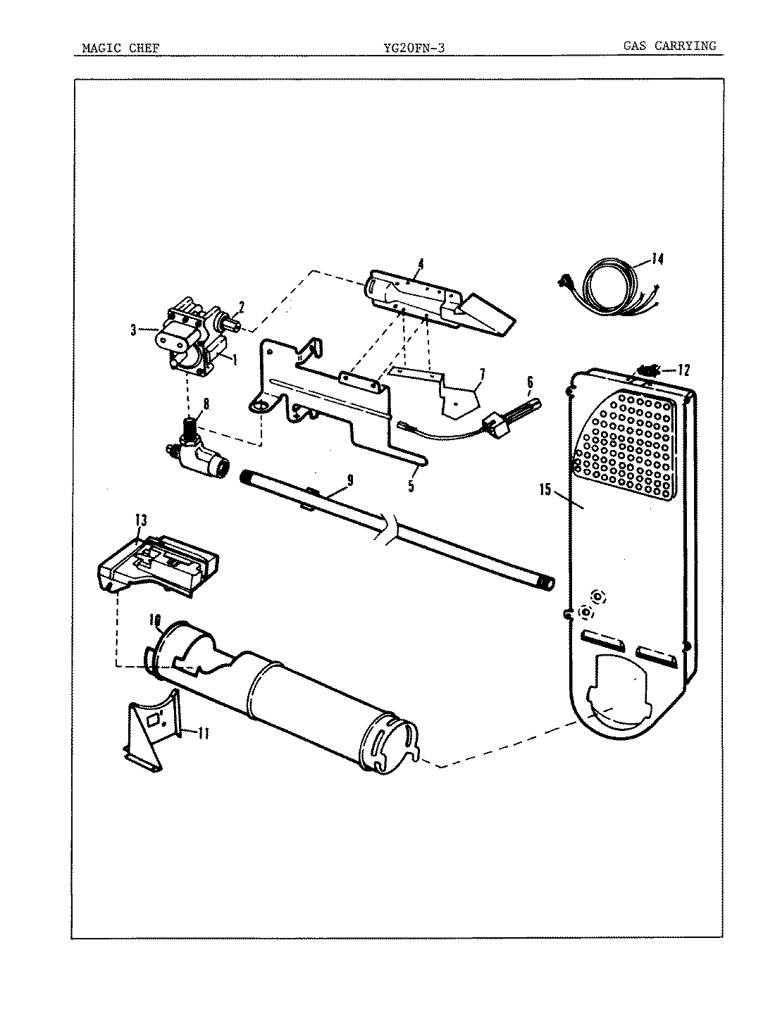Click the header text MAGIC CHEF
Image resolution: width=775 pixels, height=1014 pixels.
[120, 48]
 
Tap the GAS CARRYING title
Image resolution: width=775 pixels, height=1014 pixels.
[669, 46]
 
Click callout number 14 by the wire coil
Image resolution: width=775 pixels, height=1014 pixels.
[657, 259]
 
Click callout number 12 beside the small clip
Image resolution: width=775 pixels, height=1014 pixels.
[684, 370]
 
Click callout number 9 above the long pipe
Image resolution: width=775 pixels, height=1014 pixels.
[349, 481]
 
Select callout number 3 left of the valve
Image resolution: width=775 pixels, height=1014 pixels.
[133, 329]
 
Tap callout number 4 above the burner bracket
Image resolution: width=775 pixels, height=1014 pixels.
[420, 264]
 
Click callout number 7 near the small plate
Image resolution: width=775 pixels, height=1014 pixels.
[483, 373]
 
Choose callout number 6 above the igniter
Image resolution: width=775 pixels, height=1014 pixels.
[529, 383]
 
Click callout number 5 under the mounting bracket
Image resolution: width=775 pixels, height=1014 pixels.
[411, 485]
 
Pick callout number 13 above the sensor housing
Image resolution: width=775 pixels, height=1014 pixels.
[141, 520]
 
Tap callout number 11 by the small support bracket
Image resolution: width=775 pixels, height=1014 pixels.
[204, 734]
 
